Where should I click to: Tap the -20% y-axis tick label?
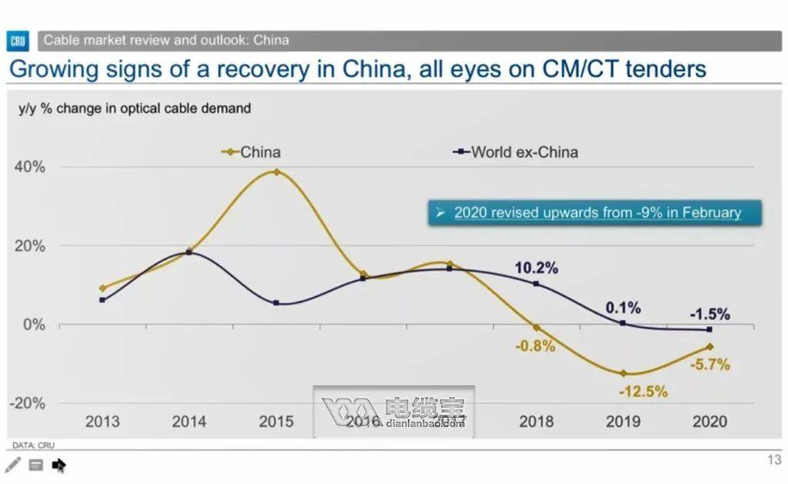[28, 403]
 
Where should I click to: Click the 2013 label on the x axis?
[102, 422]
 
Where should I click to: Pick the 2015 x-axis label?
[275, 422]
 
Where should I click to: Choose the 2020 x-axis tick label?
[710, 422]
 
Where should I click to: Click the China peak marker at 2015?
[276, 172]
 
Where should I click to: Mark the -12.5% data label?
[643, 392]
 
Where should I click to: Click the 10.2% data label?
[536, 268]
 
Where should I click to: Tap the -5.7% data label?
[709, 365]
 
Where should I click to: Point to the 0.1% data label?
[623, 308]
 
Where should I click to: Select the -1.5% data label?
[709, 314]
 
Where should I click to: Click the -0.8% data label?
[535, 345]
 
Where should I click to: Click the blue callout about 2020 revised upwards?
[594, 212]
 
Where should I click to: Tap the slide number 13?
[774, 460]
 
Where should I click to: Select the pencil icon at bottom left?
[13, 465]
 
